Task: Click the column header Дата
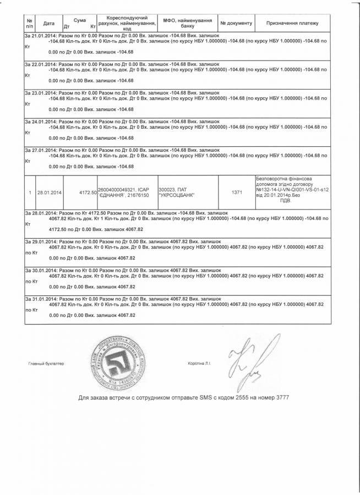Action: pos(48,24)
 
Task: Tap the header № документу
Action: pos(236,24)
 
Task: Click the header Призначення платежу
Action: pos(293,24)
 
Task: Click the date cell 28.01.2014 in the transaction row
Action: pos(49,192)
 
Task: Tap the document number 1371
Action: pos(236,192)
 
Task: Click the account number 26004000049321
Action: pos(115,189)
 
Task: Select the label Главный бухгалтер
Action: pos(46,364)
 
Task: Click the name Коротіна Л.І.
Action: pos(203,364)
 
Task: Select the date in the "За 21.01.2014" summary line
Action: pos(42,35)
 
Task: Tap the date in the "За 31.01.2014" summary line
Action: pos(42,298)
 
